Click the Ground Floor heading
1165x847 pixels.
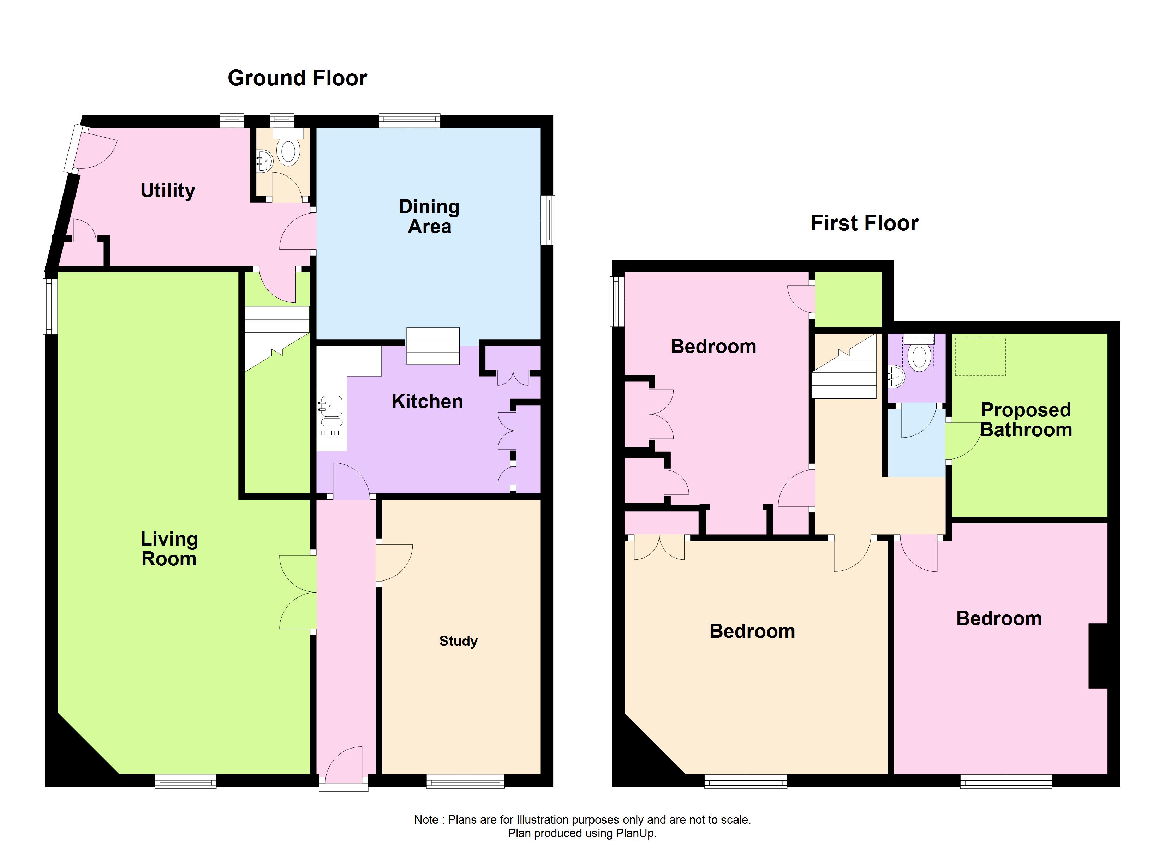(x=297, y=78)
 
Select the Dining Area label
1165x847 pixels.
(x=429, y=216)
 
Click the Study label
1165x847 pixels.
(x=458, y=641)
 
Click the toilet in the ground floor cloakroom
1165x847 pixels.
(x=289, y=151)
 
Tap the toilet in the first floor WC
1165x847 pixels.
(x=919, y=356)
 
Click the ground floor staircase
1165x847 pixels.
(x=276, y=336)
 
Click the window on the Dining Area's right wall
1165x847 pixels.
(x=550, y=220)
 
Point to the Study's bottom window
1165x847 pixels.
(x=465, y=781)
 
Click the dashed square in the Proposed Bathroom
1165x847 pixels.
(x=980, y=356)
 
